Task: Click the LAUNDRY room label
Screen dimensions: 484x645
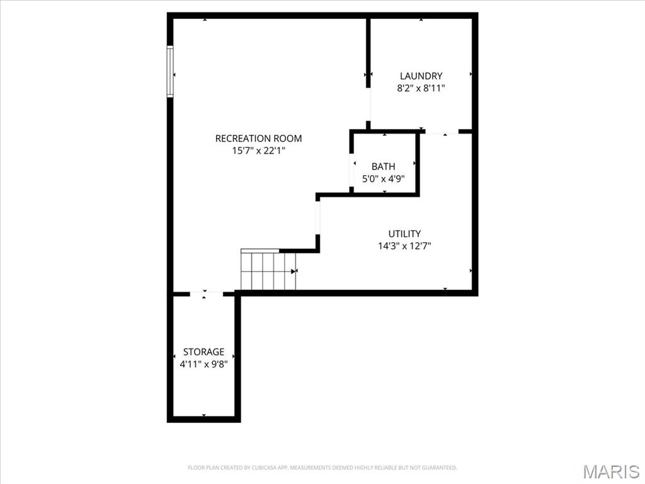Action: [x=421, y=76]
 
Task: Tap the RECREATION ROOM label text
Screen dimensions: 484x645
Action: [x=258, y=139]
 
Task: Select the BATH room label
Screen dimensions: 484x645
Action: [x=383, y=167]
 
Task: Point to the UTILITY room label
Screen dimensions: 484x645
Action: [x=404, y=234]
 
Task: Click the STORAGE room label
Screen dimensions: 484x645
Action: [x=203, y=352]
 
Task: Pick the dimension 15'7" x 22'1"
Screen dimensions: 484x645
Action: [x=258, y=151]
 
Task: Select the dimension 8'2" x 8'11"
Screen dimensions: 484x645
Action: [x=421, y=89]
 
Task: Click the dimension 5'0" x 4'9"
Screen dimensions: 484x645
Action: [x=383, y=179]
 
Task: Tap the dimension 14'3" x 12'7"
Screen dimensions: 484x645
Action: [x=404, y=246]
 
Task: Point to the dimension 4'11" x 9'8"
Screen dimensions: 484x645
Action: [x=203, y=364]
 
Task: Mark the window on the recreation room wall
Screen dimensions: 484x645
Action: [x=170, y=71]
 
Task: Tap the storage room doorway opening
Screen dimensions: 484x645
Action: [x=207, y=293]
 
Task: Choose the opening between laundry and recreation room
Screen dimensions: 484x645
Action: [x=369, y=103]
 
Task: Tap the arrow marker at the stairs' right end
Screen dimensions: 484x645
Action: [x=294, y=271]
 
